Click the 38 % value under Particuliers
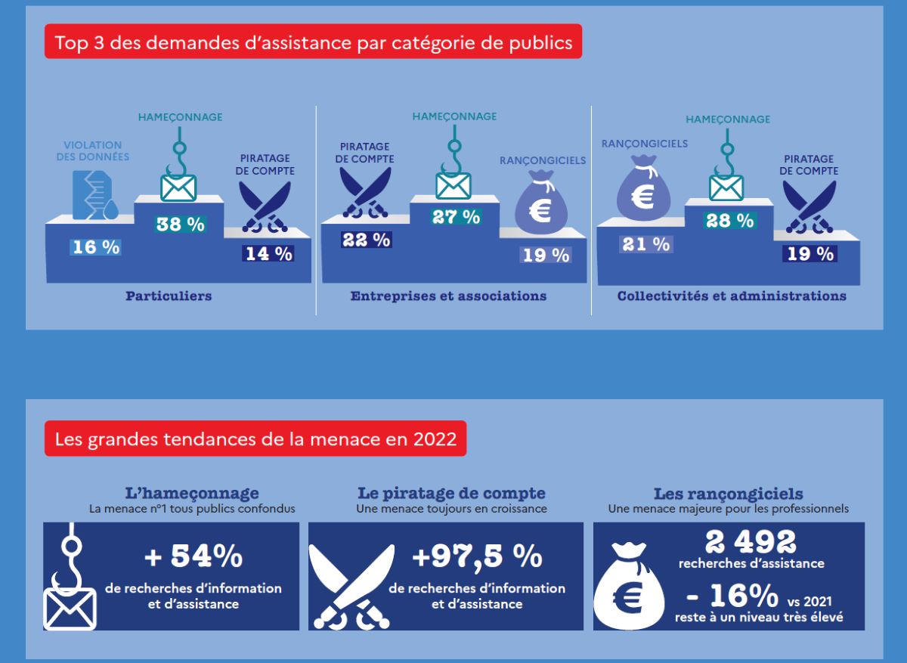(180, 225)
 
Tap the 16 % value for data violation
(95, 246)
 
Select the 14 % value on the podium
(268, 254)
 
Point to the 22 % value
(366, 240)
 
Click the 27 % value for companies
(456, 217)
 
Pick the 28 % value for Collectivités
(729, 221)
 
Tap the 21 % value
(645, 244)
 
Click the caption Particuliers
(169, 296)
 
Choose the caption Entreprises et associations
(448, 296)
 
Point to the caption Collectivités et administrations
(732, 296)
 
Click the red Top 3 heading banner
(313, 42)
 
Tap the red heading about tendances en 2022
(255, 438)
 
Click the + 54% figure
(193, 556)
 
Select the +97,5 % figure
(477, 557)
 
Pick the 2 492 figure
(751, 541)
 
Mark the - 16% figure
(732, 596)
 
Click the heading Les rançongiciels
(728, 494)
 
